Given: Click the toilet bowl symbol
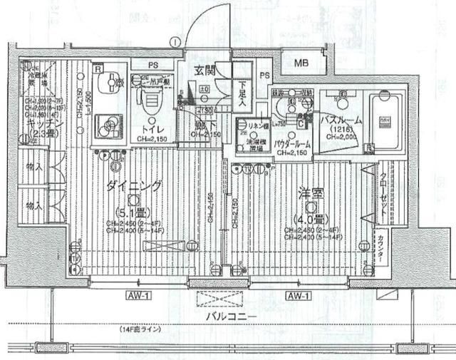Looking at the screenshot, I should (150, 103).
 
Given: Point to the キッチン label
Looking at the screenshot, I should (40, 124).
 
